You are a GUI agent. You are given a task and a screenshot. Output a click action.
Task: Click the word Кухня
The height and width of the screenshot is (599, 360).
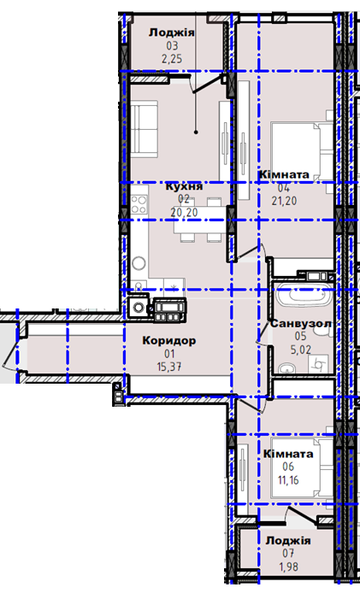coord(184,187)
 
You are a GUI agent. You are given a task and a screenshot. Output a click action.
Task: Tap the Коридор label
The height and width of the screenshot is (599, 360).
coord(169,340)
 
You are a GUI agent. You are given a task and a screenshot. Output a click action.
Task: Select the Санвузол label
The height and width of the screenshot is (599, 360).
coord(301,324)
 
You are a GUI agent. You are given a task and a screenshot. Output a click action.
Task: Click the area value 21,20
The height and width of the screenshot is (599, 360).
coord(284,201)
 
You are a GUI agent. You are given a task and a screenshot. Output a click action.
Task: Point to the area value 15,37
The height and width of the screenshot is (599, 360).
coord(169,367)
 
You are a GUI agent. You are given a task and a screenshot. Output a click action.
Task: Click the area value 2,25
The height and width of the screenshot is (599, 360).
coord(172,59)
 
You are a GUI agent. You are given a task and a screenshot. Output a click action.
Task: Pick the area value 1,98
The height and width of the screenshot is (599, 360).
coord(288,567)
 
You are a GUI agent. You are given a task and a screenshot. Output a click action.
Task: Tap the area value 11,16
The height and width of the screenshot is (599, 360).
coord(288,480)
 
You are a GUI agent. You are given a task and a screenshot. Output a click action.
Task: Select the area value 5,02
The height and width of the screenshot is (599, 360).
coord(301,349)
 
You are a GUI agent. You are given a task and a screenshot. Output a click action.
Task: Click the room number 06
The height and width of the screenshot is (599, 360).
coord(288,467)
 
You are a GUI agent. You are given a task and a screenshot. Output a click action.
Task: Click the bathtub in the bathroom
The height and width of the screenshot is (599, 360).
coord(304,295)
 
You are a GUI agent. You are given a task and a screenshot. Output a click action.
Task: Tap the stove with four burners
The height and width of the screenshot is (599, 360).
coord(139,204)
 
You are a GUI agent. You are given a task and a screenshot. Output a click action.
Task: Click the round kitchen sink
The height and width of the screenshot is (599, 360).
coord(139,263)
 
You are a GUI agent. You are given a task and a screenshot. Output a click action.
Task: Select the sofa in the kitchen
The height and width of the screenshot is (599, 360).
coord(144,129)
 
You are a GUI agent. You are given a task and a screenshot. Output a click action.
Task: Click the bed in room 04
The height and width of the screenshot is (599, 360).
coord(302,151)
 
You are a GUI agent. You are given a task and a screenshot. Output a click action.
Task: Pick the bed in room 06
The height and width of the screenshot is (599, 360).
coord(302,467)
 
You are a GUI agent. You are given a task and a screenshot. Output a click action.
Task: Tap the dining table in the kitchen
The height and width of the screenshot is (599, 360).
coord(198,220)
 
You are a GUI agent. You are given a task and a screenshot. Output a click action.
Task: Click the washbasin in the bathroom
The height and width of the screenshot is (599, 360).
coord(286,367)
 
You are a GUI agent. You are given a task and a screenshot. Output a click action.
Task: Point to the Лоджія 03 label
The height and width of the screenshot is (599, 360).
coord(172,32)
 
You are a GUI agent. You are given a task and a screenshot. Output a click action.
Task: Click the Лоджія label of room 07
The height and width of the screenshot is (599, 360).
coord(288,541)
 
